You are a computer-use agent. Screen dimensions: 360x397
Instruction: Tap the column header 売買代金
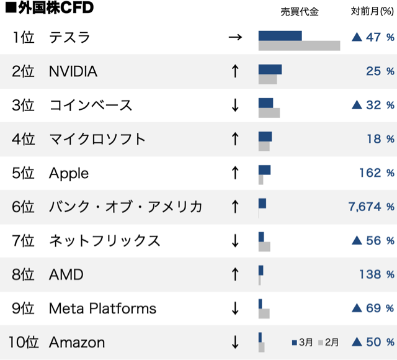point(299,12)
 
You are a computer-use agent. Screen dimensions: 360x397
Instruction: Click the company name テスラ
point(69,38)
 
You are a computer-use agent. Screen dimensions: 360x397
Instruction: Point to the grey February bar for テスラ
point(299,46)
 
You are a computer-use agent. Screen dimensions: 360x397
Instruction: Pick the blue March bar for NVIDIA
point(270,69)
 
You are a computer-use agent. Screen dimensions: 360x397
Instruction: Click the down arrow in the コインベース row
point(234,106)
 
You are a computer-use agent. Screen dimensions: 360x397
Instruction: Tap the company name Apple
point(69,173)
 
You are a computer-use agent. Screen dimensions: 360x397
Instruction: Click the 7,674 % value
point(372,207)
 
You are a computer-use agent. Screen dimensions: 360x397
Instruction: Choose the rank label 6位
point(24,207)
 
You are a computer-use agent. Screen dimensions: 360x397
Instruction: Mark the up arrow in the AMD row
point(234,274)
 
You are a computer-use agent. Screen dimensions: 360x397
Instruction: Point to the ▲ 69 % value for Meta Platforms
point(373,308)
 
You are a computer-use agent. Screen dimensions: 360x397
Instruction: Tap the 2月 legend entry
point(328,342)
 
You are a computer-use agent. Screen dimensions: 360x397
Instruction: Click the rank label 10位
point(24,342)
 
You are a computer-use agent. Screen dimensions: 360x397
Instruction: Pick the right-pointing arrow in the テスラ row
point(234,38)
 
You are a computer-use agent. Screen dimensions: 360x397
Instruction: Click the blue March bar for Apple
point(264,170)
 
